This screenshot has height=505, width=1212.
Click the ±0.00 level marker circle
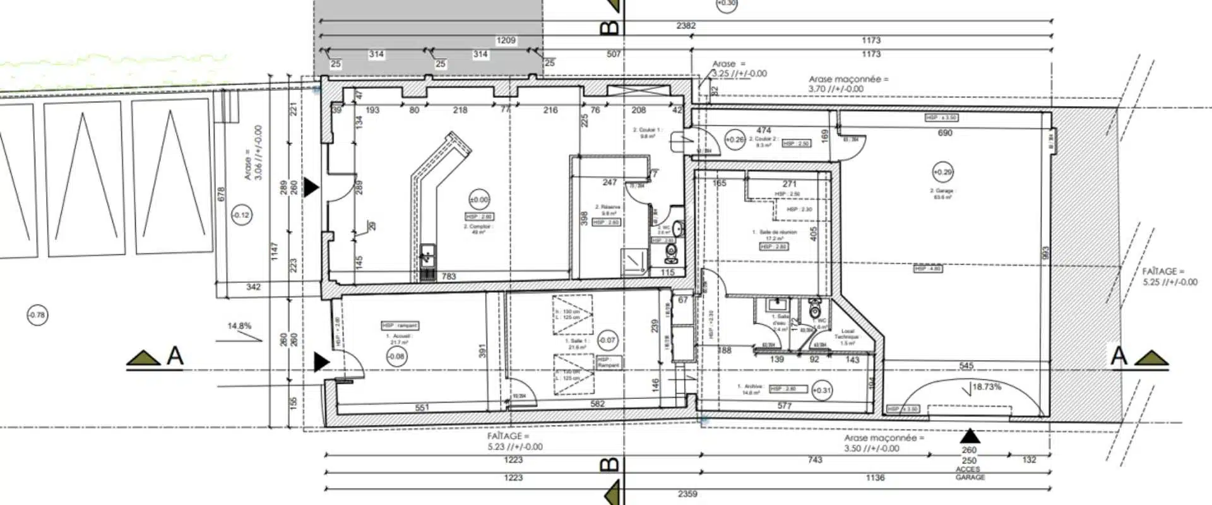(x=479, y=200)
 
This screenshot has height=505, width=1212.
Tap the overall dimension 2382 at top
(x=686, y=26)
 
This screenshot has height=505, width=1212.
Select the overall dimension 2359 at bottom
(x=687, y=494)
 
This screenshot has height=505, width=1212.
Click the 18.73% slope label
(x=986, y=387)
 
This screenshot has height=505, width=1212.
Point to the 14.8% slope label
(x=239, y=326)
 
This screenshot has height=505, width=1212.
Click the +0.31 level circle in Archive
(x=821, y=390)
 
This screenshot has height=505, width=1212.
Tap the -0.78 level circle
(x=37, y=315)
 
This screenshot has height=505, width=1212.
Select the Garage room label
(x=942, y=193)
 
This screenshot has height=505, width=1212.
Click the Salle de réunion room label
(x=774, y=235)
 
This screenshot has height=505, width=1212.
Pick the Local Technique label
(x=848, y=336)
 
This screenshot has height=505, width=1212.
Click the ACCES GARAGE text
(x=969, y=473)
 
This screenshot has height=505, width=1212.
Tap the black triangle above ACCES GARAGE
(x=970, y=436)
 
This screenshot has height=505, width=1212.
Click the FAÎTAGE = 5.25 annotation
(x=1169, y=276)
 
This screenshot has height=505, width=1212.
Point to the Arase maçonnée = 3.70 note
(x=848, y=84)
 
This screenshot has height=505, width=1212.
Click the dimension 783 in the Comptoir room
(x=448, y=276)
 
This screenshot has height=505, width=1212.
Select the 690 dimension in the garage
(x=944, y=133)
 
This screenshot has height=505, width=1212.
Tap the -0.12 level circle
(x=241, y=215)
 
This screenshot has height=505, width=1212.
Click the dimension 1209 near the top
(x=506, y=40)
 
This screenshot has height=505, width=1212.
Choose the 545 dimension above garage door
(x=966, y=366)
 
